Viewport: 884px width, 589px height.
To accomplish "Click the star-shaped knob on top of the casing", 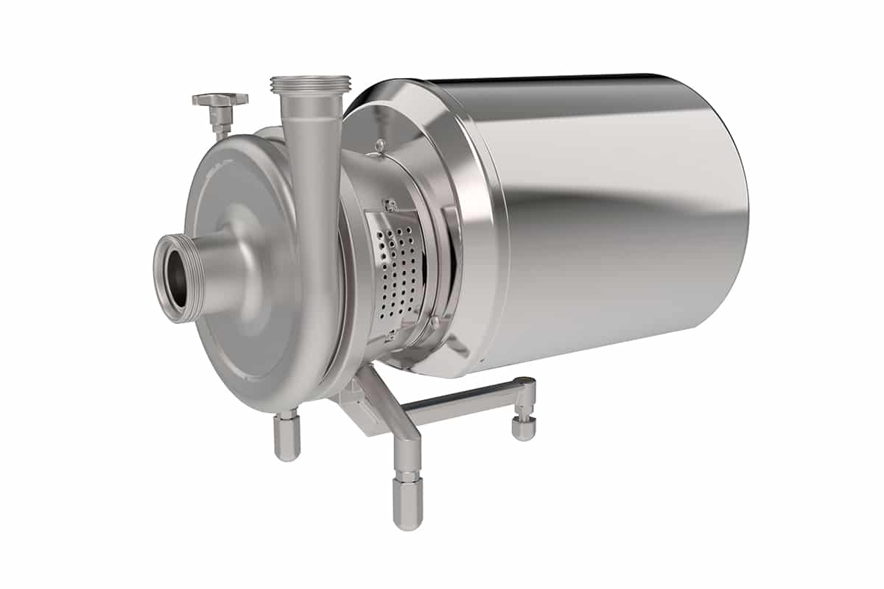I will [x=220, y=99].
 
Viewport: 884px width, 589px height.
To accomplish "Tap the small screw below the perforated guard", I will [x=391, y=337].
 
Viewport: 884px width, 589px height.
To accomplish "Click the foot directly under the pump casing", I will [x=287, y=437].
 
